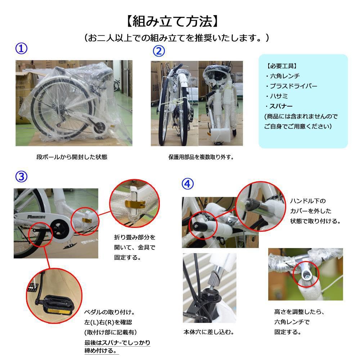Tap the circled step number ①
click(x=21, y=49)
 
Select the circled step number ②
click(x=159, y=51)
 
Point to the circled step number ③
click(x=21, y=176)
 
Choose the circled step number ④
click(x=188, y=184)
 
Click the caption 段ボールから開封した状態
click(x=72, y=157)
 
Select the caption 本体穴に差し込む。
click(x=208, y=332)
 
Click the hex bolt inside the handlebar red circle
click(x=306, y=275)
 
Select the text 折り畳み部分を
click(x=134, y=238)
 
